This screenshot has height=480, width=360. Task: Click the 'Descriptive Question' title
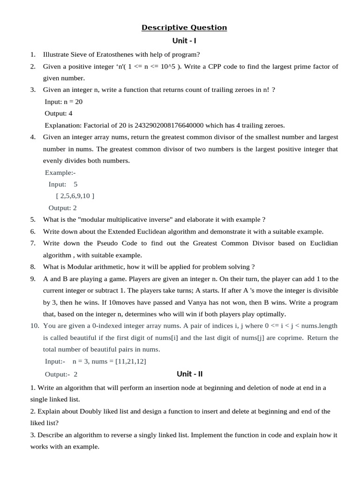click(x=184, y=28)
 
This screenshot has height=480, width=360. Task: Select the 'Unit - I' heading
click(x=184, y=41)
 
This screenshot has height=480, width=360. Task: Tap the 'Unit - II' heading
click(x=189, y=374)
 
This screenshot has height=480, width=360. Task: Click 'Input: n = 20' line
click(x=64, y=101)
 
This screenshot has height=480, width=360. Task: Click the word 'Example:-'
click(x=60, y=172)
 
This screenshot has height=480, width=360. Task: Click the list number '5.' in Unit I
click(x=33, y=219)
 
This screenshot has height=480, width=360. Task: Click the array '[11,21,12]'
click(x=134, y=361)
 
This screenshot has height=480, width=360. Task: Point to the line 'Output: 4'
click(x=59, y=113)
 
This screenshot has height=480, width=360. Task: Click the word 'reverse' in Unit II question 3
click(x=119, y=435)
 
